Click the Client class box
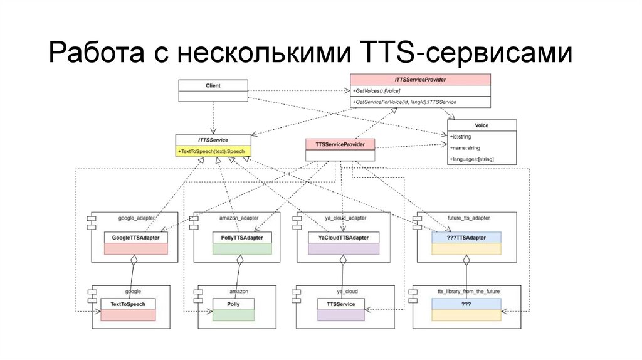coord(213,85)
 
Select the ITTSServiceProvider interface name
coord(420,80)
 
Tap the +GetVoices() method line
coord(377,91)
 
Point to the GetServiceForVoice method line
coord(404,102)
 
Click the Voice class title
coord(481,125)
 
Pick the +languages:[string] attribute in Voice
coord(472,159)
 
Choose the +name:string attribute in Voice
coord(465,148)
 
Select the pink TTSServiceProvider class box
coord(339,144)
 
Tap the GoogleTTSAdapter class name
coord(136,238)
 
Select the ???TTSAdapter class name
coord(466,238)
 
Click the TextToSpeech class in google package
coord(128,304)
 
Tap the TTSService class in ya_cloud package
coord(341,304)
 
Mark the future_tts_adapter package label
coord(469,218)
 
